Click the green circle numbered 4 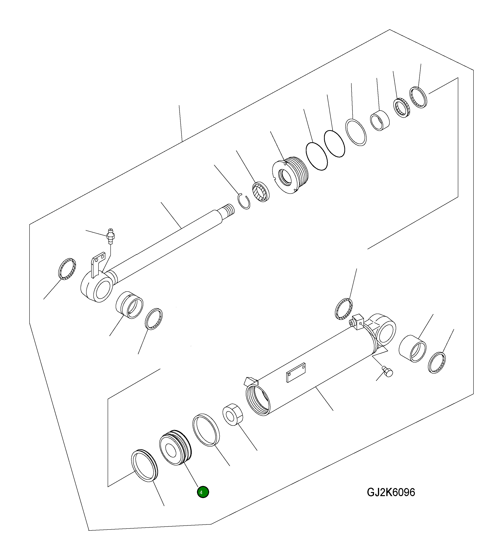203,492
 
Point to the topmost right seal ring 418,97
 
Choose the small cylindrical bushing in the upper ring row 380,121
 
